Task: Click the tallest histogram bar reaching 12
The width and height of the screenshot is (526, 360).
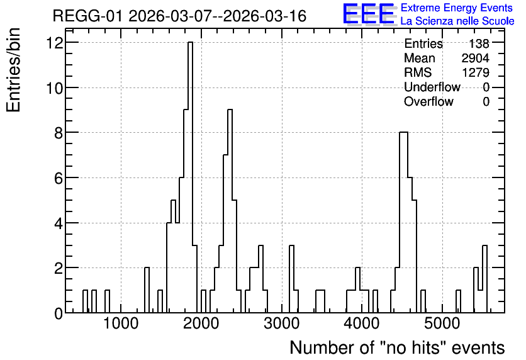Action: point(190,177)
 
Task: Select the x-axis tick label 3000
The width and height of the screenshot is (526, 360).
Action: point(281,323)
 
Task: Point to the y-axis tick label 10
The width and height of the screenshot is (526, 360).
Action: point(55,88)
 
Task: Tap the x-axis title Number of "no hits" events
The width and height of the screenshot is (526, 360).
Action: point(397,347)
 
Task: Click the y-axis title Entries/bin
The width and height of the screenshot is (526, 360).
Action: point(14,70)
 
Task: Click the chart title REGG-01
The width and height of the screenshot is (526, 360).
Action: point(87,16)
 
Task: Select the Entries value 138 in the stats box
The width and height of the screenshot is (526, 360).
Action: point(479,43)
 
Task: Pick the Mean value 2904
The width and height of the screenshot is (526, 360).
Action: point(475,58)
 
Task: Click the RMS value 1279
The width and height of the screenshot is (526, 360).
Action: point(475,72)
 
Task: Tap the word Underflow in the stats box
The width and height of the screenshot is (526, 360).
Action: point(432,87)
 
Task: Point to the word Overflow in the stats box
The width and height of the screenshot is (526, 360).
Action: point(428,101)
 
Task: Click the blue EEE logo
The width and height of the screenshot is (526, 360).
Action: point(369,14)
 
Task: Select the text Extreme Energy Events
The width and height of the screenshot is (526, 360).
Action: point(457,8)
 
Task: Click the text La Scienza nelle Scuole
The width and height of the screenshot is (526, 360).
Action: point(457,21)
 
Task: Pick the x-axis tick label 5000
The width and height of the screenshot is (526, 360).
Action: point(442,323)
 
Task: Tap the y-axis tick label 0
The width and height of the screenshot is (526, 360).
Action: point(59,313)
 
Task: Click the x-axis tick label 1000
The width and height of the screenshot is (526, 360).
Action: point(121,323)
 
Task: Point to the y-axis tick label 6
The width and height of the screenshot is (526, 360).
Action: point(59,178)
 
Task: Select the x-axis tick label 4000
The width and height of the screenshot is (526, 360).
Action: point(362,323)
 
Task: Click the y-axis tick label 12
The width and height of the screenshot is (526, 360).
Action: point(55,43)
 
